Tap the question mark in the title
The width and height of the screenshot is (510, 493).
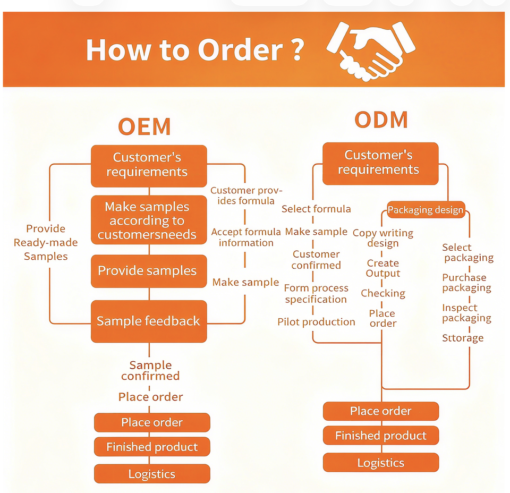(x=297, y=50)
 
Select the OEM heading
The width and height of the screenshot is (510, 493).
(x=144, y=126)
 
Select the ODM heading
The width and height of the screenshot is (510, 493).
(x=381, y=120)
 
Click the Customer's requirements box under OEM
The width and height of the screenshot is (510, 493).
(x=149, y=166)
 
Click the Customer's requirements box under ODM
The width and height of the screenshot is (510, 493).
(x=380, y=163)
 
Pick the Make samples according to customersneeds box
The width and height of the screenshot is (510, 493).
(x=149, y=220)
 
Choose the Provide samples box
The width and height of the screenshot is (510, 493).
(x=149, y=271)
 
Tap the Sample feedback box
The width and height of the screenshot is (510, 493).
(x=149, y=321)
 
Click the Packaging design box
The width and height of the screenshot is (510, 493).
(x=426, y=210)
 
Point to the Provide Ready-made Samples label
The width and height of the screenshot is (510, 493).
(x=46, y=242)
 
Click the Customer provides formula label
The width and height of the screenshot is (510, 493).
(x=246, y=195)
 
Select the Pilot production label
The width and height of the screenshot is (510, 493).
(x=316, y=322)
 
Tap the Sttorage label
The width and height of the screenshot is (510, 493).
(x=463, y=338)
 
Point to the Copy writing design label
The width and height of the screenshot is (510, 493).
(x=383, y=238)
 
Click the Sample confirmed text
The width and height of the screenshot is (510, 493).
(x=150, y=370)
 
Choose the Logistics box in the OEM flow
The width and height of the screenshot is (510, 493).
(x=152, y=474)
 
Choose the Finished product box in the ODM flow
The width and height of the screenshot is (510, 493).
(x=381, y=436)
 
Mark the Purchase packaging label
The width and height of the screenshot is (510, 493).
(x=466, y=283)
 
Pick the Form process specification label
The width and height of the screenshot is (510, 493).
(x=316, y=294)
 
